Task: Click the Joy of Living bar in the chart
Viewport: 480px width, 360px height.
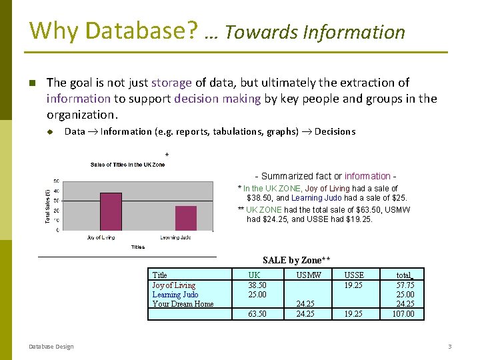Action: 111,211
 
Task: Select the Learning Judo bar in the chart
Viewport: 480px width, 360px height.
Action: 186,218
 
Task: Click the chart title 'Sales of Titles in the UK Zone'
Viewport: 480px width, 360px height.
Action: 127,165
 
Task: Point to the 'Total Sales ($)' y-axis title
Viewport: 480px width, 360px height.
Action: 47,205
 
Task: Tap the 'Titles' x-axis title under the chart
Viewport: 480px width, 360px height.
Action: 138,247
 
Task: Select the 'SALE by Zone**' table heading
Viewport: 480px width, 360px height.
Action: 297,260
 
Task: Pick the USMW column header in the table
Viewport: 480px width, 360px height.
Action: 309,275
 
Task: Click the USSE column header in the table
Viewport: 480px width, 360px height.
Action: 354,275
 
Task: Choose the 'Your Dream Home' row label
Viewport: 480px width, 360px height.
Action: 183,304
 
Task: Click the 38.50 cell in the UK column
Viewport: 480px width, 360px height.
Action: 257,285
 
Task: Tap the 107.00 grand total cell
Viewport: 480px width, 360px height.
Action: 403,313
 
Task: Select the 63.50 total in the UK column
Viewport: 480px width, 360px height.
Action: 257,313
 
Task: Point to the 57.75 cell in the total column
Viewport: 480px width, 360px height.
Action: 405,285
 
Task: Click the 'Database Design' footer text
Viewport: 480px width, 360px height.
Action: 51,346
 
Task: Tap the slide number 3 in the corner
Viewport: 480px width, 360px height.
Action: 449,346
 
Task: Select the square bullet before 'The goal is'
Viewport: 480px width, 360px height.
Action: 31,83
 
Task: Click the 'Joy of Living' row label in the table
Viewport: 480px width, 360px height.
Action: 173,285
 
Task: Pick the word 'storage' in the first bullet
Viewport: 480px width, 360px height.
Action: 171,83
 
